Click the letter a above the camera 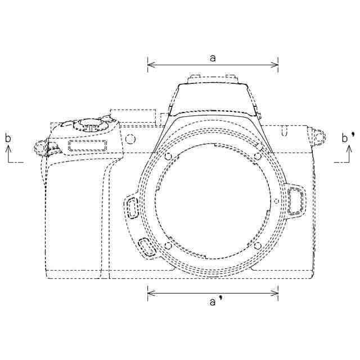[213, 58]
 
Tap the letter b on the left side [8, 138]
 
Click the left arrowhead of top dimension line [151, 65]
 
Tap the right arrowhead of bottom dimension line [275, 293]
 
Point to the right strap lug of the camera [319, 137]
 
